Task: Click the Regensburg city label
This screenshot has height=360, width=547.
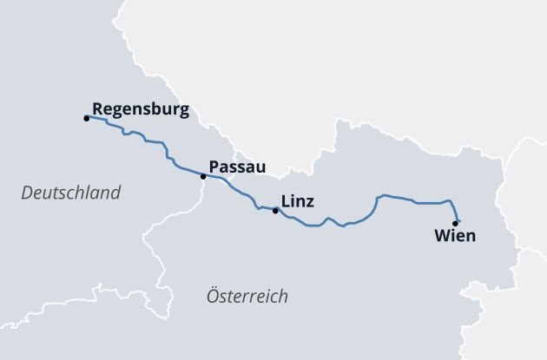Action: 140,110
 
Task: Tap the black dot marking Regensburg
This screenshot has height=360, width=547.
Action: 86,118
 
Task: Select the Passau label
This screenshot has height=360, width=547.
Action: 237,167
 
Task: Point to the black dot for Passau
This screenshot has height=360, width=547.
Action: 203,177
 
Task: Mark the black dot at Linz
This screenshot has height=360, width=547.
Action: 275,211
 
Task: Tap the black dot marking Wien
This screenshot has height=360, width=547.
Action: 455,223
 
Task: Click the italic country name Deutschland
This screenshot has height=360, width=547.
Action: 70,193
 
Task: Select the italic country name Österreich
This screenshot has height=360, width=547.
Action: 247,297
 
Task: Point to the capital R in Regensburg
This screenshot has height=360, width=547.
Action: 96,110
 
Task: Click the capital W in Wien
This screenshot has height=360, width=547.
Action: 440,235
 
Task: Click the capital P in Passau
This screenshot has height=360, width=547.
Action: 214,167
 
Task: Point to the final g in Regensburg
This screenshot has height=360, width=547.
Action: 183,112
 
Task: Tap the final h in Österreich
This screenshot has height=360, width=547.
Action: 284,297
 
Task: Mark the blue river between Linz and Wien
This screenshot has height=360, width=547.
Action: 417,203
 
